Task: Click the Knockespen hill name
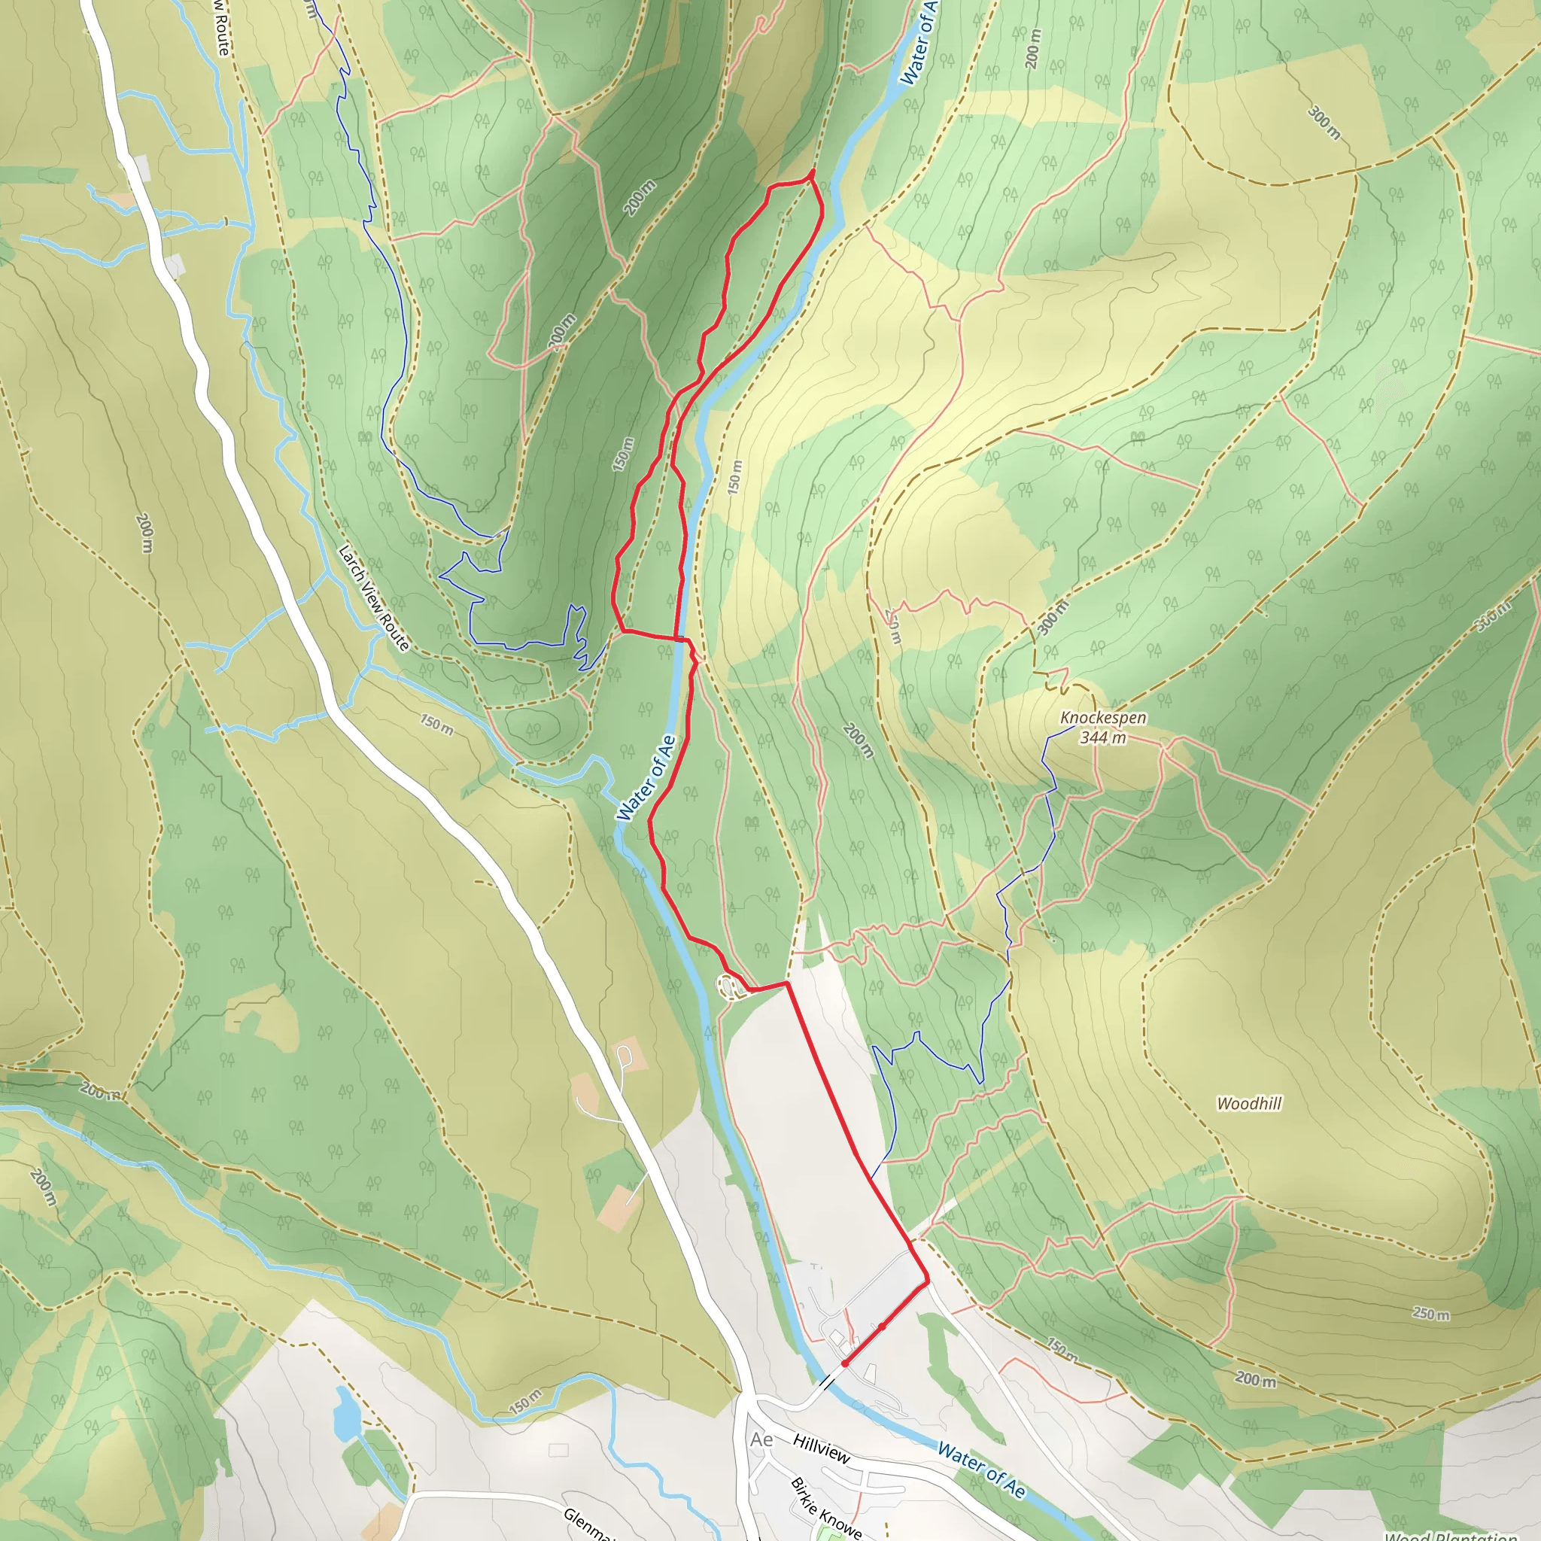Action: (x=1103, y=718)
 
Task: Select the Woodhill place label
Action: (x=1249, y=1104)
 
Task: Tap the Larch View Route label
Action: (x=373, y=597)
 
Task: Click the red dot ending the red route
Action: (x=845, y=1364)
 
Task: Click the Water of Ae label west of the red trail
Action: (x=646, y=778)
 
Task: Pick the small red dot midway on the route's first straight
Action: (x=882, y=1327)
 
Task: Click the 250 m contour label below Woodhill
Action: (x=1431, y=1314)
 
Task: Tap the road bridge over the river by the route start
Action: (x=828, y=1380)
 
